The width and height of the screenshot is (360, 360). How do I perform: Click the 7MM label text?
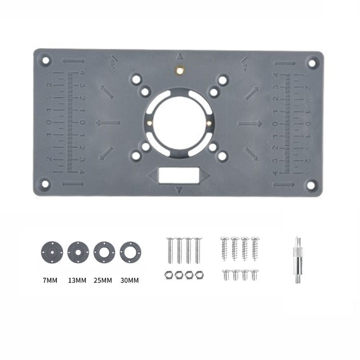tap(50, 280)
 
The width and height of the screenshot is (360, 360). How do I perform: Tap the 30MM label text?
tap(129, 280)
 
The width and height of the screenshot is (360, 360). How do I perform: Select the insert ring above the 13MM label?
tap(77, 251)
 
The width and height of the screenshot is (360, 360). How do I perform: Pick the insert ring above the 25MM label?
tap(104, 251)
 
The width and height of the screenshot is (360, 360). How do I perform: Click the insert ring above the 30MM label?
tap(130, 251)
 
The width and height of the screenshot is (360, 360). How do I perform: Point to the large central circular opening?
tap(179, 122)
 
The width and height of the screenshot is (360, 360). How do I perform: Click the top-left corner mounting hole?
tap(45, 60)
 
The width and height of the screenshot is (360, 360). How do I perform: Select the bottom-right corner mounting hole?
tap(310, 185)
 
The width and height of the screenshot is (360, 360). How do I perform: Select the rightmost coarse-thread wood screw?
tap(255, 248)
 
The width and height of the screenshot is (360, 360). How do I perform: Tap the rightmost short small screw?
tap(255, 275)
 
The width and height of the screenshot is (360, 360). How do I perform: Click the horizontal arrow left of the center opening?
tap(108, 123)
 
